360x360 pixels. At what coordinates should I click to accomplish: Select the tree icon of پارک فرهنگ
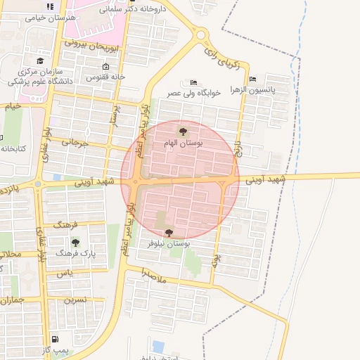(x=75, y=243)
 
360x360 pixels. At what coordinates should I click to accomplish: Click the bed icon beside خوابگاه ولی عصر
(x=194, y=82)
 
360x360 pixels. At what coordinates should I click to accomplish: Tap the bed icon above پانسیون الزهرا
(x=252, y=79)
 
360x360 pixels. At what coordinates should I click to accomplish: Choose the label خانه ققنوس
(x=105, y=77)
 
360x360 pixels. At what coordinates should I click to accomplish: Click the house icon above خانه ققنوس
(x=105, y=67)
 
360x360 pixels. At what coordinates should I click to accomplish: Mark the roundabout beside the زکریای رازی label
(x=202, y=34)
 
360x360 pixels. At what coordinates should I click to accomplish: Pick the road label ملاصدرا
(x=153, y=274)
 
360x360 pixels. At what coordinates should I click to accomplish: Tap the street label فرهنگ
(x=67, y=224)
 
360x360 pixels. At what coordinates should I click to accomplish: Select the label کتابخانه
(x=13, y=148)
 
